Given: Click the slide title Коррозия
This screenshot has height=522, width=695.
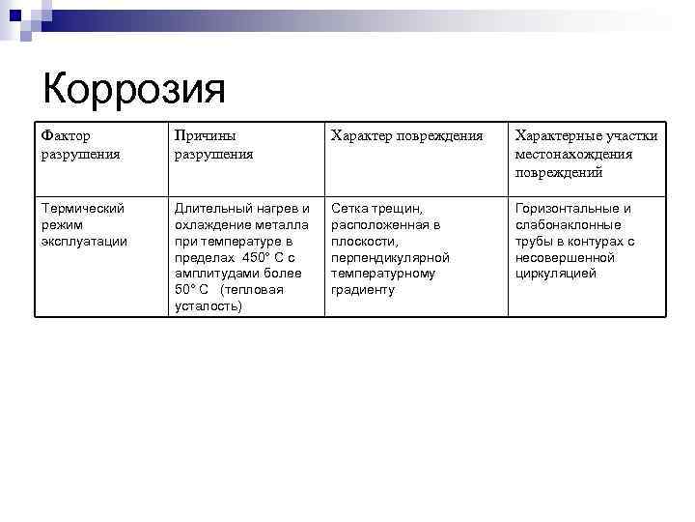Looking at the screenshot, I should tap(134, 90).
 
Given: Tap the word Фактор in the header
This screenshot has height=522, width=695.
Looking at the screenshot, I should tap(66, 136).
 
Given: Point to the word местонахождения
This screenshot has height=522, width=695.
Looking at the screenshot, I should tap(574, 155).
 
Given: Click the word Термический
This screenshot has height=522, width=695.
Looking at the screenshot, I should tap(84, 208).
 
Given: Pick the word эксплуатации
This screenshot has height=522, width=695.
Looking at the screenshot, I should tap(85, 241).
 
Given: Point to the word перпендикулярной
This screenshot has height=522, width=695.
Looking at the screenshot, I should tap(390, 257).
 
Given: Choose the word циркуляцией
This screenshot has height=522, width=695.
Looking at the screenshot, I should tap(555, 274).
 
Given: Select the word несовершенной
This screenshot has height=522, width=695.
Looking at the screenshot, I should tap(565, 257).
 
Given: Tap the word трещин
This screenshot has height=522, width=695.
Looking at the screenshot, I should tap(399, 208).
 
